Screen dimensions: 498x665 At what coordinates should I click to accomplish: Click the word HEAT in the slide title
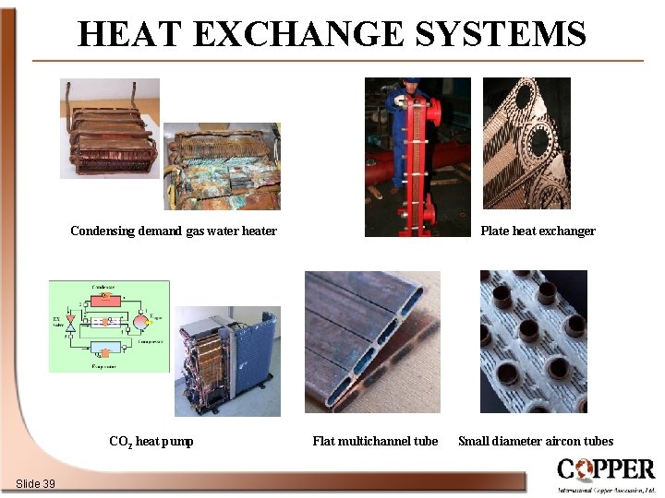(x=129, y=34)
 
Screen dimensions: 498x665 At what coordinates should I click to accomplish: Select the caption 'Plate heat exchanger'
(x=538, y=231)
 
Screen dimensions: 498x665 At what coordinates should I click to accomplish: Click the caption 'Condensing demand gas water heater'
(x=174, y=231)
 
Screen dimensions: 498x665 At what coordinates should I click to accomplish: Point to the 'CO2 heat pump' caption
(x=151, y=442)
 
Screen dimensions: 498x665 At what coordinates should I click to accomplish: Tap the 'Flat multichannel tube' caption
(x=375, y=442)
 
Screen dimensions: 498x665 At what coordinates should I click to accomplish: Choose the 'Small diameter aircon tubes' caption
(x=536, y=442)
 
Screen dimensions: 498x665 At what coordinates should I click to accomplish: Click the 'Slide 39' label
(x=35, y=484)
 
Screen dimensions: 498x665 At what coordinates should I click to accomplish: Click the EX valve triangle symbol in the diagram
(x=70, y=324)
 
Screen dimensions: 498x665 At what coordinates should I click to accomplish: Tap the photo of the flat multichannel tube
(x=372, y=341)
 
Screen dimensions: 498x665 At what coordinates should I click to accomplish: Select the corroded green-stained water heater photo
(x=222, y=166)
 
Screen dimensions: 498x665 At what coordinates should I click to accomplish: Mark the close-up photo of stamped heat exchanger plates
(x=526, y=144)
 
